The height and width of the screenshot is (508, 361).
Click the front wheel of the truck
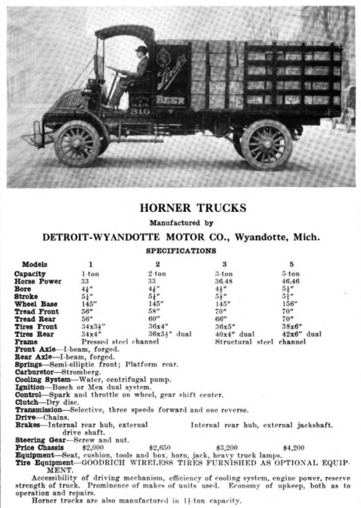pyautogui.click(x=77, y=144)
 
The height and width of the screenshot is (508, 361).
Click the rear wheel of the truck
pyautogui.click(x=267, y=144)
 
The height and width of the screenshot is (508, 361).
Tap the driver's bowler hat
pyautogui.click(x=142, y=50)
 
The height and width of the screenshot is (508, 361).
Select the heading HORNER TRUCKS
pyautogui.click(x=193, y=208)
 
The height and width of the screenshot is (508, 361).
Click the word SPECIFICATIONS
pyautogui.click(x=181, y=251)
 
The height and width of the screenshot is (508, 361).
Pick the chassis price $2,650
pyautogui.click(x=159, y=446)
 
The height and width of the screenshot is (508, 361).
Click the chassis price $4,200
pyautogui.click(x=294, y=446)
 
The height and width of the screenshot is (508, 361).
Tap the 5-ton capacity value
pyautogui.click(x=290, y=273)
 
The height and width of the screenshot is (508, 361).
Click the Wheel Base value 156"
pyautogui.click(x=289, y=304)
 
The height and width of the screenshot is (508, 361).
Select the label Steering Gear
pyautogui.click(x=38, y=438)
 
